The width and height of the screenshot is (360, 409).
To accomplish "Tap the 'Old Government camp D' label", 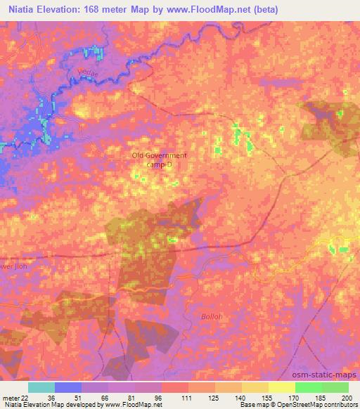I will click(x=160, y=160).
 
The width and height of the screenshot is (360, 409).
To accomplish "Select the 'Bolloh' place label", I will click(x=210, y=316).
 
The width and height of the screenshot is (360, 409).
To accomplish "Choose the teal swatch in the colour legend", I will click(x=41, y=387).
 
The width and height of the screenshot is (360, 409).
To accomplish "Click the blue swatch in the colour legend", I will click(x=68, y=387).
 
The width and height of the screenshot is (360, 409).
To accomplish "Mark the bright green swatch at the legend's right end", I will click(x=335, y=387).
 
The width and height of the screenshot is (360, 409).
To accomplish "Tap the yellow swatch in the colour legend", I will click(x=281, y=387).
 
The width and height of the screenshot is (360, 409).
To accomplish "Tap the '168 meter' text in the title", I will click(x=115, y=9).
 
